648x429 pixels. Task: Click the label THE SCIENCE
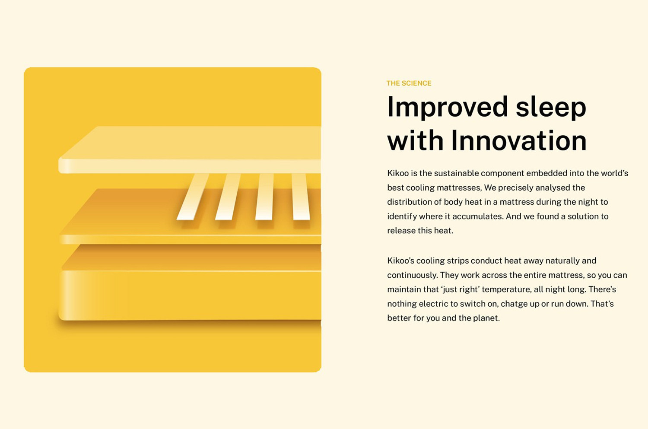(x=409, y=83)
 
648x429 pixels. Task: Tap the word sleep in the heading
(x=551, y=107)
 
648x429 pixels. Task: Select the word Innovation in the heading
(x=519, y=140)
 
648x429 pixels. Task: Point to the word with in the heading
(x=415, y=140)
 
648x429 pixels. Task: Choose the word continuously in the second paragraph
(x=413, y=275)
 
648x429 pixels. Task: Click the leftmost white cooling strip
(x=193, y=197)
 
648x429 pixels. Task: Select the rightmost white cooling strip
(x=301, y=197)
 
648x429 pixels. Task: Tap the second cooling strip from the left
(x=228, y=197)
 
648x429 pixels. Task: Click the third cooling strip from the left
(x=264, y=197)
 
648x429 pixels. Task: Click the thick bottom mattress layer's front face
(x=190, y=296)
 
